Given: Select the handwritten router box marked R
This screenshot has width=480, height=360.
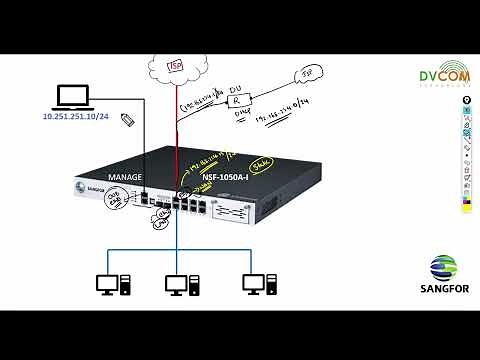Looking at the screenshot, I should [236, 101].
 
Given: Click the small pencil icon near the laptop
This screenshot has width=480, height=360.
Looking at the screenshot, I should [127, 119].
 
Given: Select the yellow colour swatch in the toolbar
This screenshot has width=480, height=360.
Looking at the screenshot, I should [465, 200].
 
